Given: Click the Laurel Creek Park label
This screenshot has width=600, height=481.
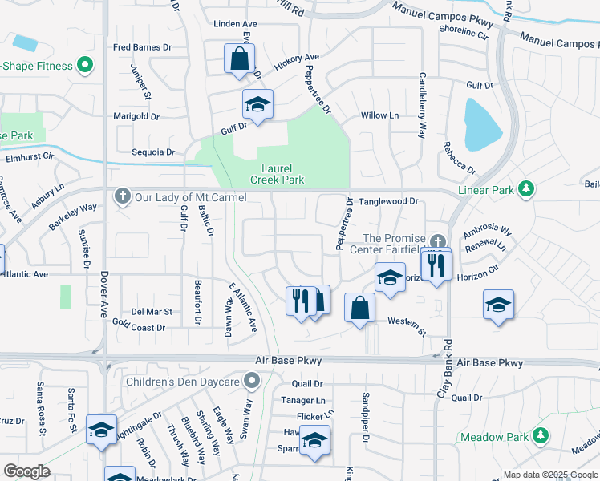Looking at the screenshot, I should (x=282, y=175).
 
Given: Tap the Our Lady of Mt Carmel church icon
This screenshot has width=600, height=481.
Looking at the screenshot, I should (x=122, y=196).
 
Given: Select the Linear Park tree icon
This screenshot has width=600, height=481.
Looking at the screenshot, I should (x=526, y=189).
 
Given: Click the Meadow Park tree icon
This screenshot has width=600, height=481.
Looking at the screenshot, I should (x=542, y=436).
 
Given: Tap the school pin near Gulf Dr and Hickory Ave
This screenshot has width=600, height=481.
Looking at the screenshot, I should (x=257, y=104).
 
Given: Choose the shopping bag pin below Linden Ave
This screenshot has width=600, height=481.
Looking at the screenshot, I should (x=239, y=59).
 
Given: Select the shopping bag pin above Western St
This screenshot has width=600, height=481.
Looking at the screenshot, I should (x=360, y=308).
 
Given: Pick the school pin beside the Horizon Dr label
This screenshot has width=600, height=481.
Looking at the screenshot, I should (x=390, y=278).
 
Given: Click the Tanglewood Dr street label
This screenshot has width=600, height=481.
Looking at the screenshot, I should (x=389, y=202).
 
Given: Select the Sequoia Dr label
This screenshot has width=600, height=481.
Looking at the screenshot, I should (x=153, y=152).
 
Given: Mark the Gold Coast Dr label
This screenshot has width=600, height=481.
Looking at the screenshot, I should (x=139, y=327).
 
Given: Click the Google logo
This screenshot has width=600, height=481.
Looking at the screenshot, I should (x=27, y=471).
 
